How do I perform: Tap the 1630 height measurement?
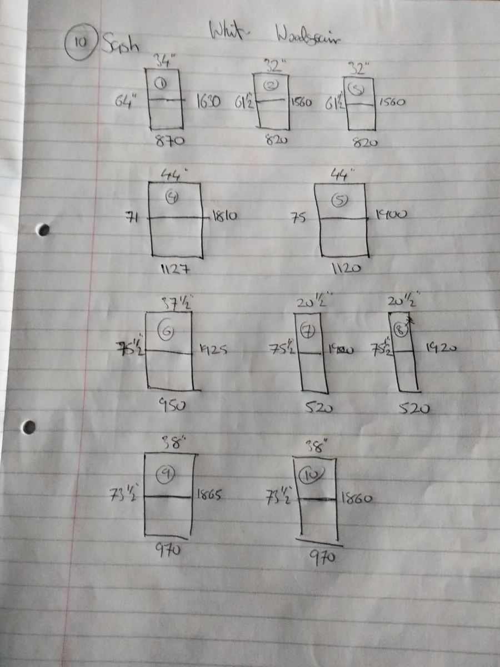pos(208,102)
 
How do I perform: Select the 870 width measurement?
pos(170,142)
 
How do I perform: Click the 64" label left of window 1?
pos(127,103)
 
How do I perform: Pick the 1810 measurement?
pos(224,216)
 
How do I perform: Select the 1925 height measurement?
pos(212,351)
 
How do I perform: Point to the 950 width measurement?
pos(172,406)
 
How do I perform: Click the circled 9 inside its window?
pos(165,473)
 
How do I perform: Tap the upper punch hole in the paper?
pos(43,230)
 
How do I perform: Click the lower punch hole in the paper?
pos(29,427)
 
